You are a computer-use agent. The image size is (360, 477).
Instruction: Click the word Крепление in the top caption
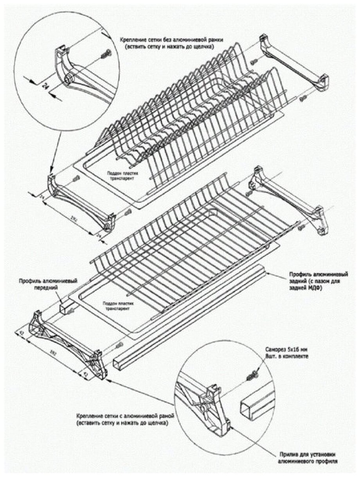click(x=133, y=40)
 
